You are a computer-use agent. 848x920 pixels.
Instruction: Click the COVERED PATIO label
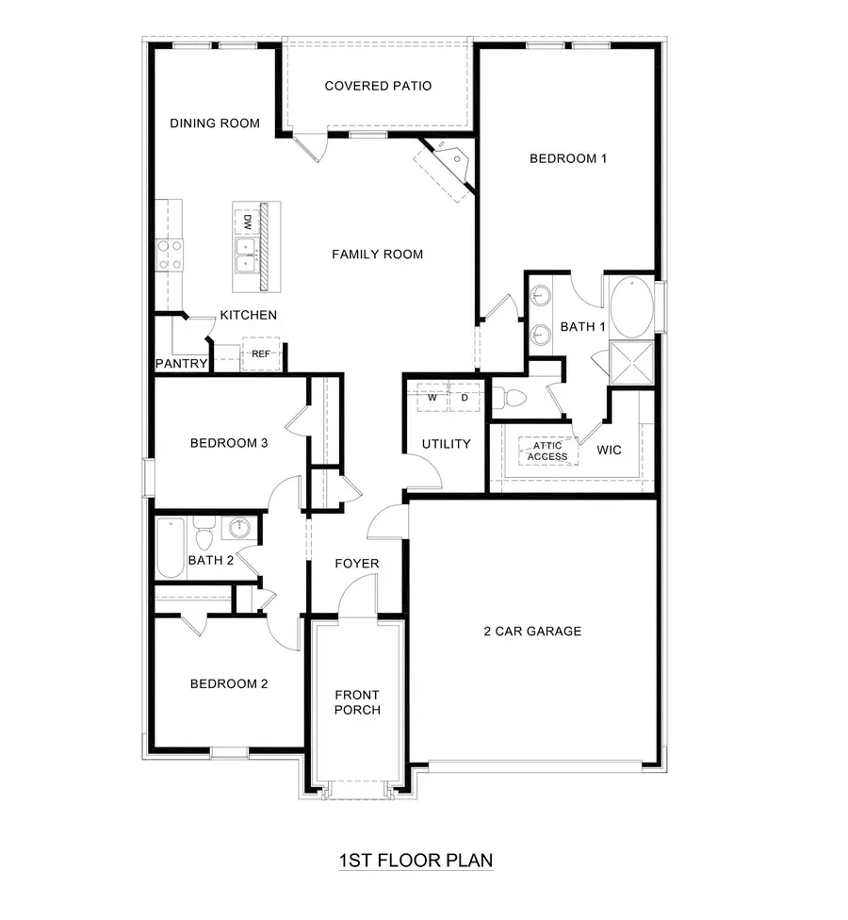(378, 87)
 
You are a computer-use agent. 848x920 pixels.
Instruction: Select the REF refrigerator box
(261, 353)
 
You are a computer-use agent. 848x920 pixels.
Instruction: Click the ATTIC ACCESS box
(547, 452)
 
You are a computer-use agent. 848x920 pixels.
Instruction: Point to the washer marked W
(432, 398)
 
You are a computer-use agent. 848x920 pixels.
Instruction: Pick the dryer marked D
(464, 398)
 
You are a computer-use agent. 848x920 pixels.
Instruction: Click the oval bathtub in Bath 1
(630, 306)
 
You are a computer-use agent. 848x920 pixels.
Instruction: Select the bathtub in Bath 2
(171, 547)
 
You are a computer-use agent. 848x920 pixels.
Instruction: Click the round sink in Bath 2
(236, 527)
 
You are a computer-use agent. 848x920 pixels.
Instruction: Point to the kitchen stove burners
(170, 255)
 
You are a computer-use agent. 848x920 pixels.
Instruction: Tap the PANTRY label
(181, 363)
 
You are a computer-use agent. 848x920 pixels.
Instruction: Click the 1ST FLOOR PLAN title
(416, 860)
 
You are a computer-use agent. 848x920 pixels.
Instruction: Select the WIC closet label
(610, 450)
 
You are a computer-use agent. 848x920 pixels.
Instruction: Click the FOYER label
(357, 564)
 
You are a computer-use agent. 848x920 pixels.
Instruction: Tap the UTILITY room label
(446, 443)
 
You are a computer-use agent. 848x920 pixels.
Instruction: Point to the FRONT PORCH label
(357, 702)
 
